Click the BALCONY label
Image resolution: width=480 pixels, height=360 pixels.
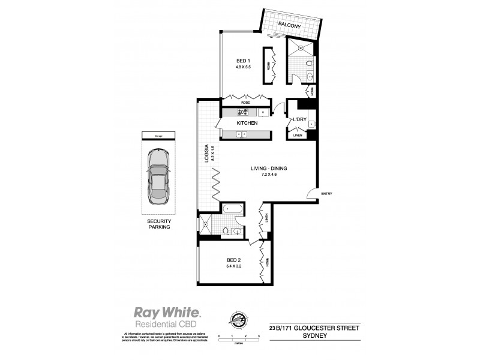(x=289, y=25)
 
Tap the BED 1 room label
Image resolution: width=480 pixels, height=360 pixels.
(x=242, y=61)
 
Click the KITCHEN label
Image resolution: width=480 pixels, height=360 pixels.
(x=247, y=123)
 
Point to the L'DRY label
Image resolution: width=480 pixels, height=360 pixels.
(x=299, y=121)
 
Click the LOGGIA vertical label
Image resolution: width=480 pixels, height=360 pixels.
(x=206, y=156)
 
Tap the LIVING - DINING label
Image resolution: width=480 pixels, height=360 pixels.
(x=269, y=169)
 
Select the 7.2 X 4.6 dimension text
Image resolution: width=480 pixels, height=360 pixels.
(x=269, y=175)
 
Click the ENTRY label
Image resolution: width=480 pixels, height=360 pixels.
(x=326, y=193)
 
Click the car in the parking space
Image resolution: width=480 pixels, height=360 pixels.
(x=159, y=176)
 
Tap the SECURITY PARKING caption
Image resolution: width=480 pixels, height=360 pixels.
(x=159, y=224)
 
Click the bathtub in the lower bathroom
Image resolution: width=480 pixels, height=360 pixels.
(x=232, y=209)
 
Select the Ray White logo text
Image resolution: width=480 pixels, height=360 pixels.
(x=167, y=313)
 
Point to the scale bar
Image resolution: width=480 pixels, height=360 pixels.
(x=238, y=340)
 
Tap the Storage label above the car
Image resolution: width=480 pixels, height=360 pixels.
(x=158, y=135)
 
